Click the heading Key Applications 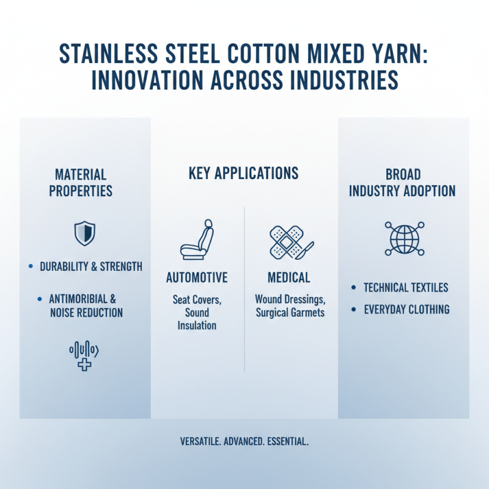pos(243,173)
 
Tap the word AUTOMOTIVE pos(197,278)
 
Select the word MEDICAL pos(289,278)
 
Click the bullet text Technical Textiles pos(406,287)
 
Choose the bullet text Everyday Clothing pos(406,309)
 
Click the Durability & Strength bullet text pos(90,267)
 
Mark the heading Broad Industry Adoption pos(402,182)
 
